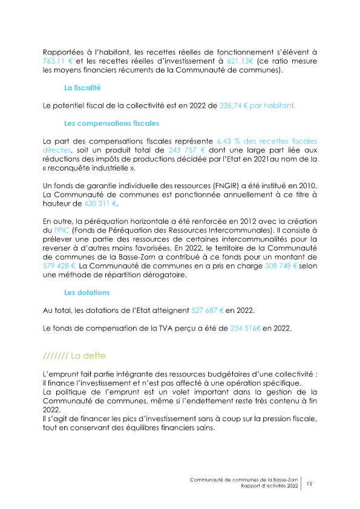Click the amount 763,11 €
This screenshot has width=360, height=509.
pos(57,62)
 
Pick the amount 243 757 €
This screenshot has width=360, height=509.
pos(186,149)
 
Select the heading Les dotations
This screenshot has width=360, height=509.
pos(87,292)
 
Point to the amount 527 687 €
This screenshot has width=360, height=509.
pos(208,310)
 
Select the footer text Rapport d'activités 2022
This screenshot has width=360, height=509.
pos(269,486)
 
